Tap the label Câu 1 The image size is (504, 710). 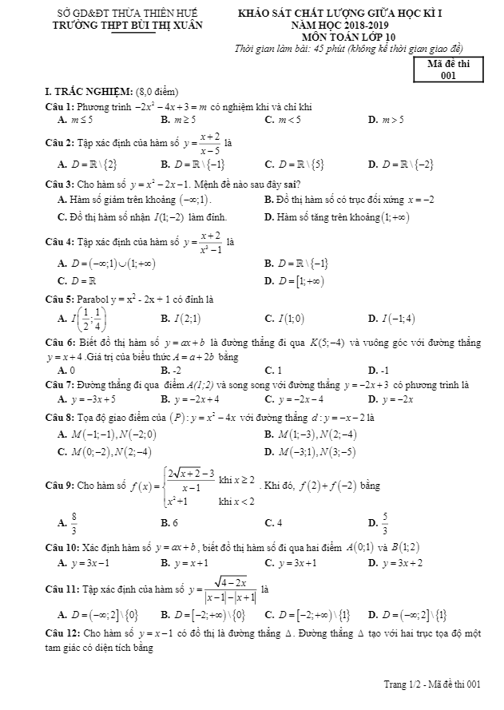tap(60, 106)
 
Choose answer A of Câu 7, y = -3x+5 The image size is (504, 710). tap(86, 399)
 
